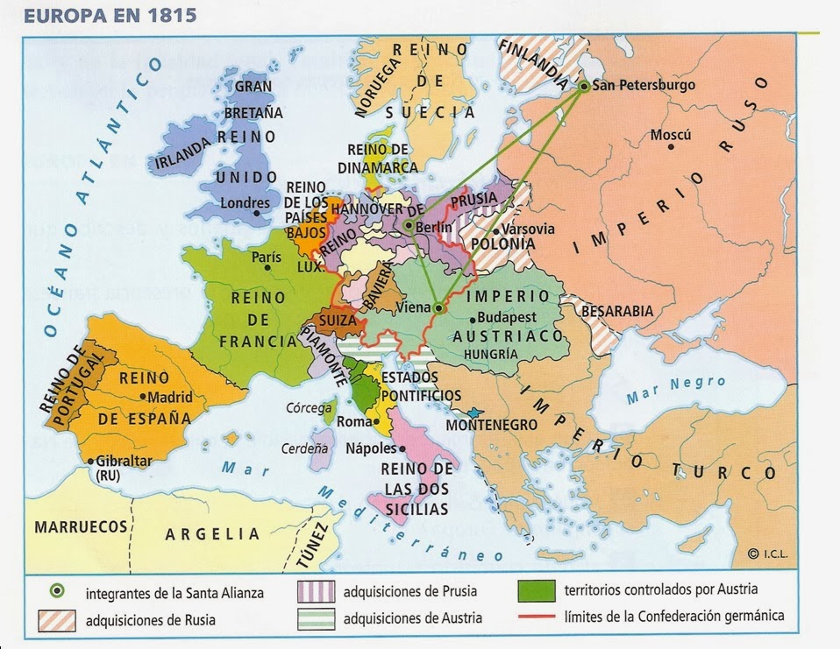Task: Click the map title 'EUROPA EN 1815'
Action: pyautogui.click(x=98, y=16)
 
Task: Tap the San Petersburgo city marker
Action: pyautogui.click(x=584, y=86)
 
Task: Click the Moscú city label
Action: pyautogui.click(x=671, y=136)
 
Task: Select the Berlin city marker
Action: pyautogui.click(x=408, y=225)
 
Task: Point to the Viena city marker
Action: pyautogui.click(x=439, y=307)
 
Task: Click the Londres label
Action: pyautogui.click(x=245, y=203)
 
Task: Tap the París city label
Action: pyautogui.click(x=266, y=257)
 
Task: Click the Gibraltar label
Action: pyautogui.click(x=122, y=461)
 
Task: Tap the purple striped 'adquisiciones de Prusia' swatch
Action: pyautogui.click(x=317, y=591)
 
